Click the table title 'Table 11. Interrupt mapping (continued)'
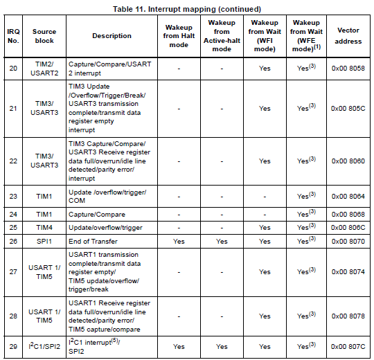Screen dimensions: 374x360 (186, 8)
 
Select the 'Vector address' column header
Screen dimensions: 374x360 (348, 36)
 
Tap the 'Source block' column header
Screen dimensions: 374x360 (44, 36)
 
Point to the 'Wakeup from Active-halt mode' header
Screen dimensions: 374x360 (221, 36)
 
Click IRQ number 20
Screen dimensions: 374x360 (12, 69)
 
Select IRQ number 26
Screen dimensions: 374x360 (12, 241)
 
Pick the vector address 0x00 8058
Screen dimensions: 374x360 (348, 69)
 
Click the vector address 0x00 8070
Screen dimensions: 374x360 (348, 241)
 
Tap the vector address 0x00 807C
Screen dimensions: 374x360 (348, 345)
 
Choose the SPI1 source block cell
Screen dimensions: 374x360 (44, 241)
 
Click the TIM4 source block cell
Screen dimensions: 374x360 (44, 226)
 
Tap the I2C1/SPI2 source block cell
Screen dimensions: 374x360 (44, 345)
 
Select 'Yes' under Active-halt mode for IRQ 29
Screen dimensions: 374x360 (221, 345)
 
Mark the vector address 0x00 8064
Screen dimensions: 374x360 (348, 196)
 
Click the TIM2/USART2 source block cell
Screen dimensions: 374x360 (44, 69)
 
